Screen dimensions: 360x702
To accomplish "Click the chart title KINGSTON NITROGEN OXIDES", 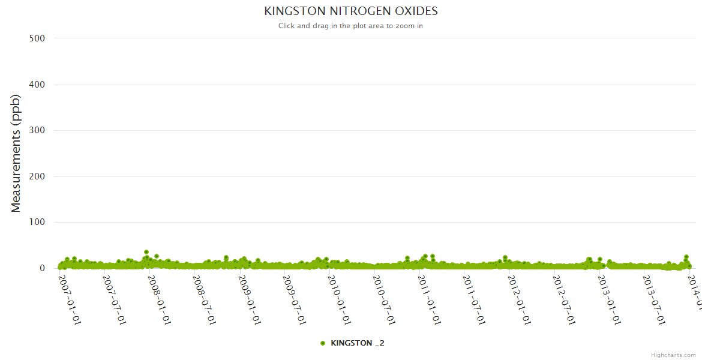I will (x=351, y=11).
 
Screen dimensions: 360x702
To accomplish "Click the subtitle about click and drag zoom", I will (x=351, y=26).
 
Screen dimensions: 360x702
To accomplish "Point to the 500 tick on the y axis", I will (x=37, y=38).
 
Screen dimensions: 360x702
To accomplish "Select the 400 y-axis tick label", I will (x=37, y=84).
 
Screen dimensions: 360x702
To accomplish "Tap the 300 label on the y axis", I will (x=37, y=130).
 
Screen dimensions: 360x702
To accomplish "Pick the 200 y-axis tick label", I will (x=37, y=176).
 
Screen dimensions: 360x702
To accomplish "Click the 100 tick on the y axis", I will (x=37, y=223).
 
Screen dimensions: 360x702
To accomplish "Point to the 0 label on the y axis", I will (x=42, y=268).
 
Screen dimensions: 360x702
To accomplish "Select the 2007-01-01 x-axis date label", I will (x=70, y=299).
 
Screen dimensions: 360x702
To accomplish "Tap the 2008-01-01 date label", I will (x=160, y=299).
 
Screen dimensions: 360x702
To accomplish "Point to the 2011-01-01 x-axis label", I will (x=429, y=299).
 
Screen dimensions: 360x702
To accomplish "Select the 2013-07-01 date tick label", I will (x=653, y=299).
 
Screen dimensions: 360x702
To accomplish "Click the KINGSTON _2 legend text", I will (x=357, y=343).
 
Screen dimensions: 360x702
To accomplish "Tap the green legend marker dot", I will (x=323, y=343).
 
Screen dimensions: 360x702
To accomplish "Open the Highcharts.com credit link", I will (x=673, y=355).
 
